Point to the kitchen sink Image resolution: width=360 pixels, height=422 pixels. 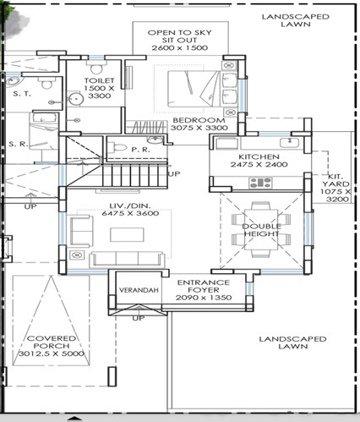[291, 140]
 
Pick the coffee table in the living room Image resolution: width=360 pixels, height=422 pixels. [118, 231]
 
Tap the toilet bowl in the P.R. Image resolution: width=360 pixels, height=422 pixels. [121, 151]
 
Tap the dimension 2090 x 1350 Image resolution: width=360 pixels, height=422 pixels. [202, 298]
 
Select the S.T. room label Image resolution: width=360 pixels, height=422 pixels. [19, 96]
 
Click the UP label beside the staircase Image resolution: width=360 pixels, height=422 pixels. [173, 173]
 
